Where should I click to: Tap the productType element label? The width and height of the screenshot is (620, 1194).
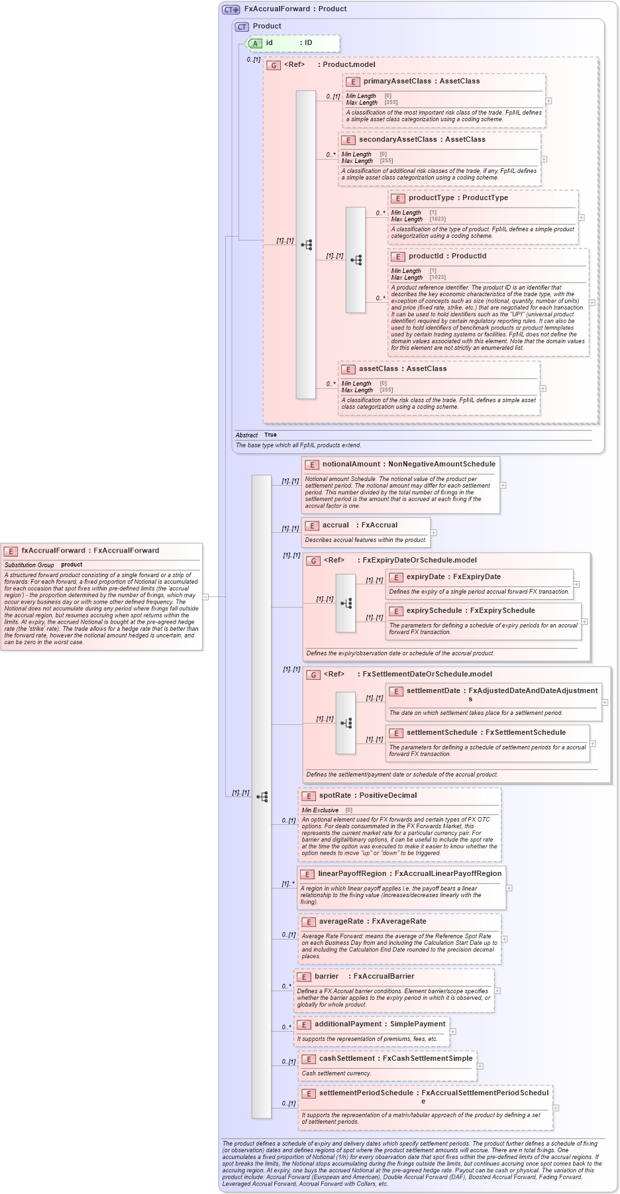coord(431,197)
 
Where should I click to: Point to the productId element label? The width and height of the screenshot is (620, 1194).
coord(428,256)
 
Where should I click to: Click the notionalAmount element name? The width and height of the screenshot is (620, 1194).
coord(351,464)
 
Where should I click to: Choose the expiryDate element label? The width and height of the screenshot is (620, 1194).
coord(425,576)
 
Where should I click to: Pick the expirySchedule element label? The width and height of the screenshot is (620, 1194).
coord(434,610)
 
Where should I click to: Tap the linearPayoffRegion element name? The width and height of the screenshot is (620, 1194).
coord(352,873)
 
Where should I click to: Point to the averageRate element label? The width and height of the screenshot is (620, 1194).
coord(341,921)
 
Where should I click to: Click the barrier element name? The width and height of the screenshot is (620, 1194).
coord(327,976)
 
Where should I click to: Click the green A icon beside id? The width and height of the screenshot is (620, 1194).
coord(255,43)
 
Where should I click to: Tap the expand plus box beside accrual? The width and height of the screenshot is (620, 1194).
coord(434,533)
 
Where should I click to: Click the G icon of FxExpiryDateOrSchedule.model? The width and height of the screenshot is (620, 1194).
coord(313,561)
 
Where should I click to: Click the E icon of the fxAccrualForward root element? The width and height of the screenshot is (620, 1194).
coord(11,551)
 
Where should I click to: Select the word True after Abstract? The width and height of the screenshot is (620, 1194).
coord(270,435)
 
